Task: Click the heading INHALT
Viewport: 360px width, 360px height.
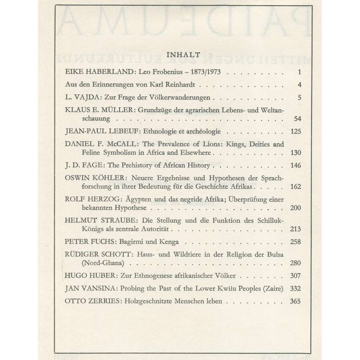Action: (x=183, y=54)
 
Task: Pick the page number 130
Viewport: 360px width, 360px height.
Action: (x=296, y=153)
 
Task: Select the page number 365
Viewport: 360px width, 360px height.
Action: (x=296, y=301)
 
